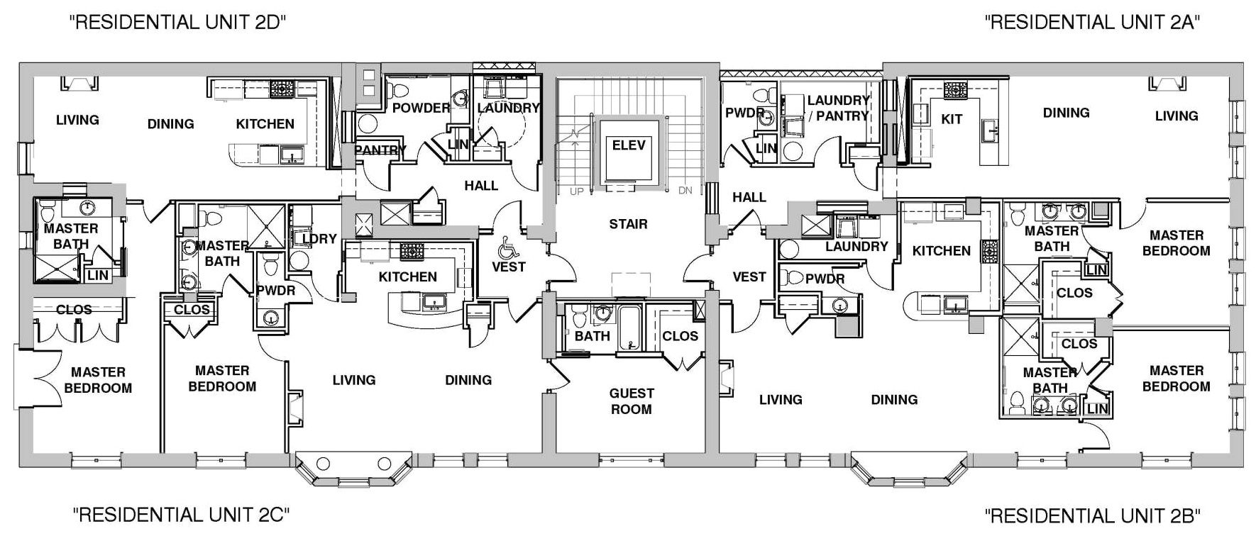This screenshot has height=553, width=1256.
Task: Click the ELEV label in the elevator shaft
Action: pos(629,145)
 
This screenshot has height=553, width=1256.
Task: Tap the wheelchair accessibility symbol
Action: pos(507,247)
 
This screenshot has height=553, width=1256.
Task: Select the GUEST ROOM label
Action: pos(632,401)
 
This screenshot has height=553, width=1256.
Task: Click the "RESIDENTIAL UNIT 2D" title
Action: pos(177,22)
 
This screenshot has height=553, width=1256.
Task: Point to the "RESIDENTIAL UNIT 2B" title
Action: pos(1092,515)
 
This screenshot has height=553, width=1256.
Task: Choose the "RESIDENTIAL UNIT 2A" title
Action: pos(1092,22)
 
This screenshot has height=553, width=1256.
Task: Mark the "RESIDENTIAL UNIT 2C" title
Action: pos(181,515)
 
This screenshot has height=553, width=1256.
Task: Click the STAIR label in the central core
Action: pos(628,224)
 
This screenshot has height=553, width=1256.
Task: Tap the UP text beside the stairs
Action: pos(577,191)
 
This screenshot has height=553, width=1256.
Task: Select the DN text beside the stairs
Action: pos(685,191)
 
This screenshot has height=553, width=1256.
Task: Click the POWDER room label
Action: pos(422,108)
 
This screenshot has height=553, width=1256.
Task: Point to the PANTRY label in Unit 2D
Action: pos(380,150)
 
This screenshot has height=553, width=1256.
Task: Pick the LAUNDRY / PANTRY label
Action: pos(838,108)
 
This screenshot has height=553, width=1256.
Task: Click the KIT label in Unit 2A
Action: pos(952,118)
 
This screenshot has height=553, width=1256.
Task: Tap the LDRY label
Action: pos(319,239)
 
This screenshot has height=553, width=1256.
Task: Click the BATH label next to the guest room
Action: pos(593,336)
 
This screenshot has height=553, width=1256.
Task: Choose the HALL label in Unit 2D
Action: pos(481,186)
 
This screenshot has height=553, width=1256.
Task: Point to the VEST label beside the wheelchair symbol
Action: pos(508,267)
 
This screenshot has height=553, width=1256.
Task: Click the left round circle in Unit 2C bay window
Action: pos(323,464)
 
